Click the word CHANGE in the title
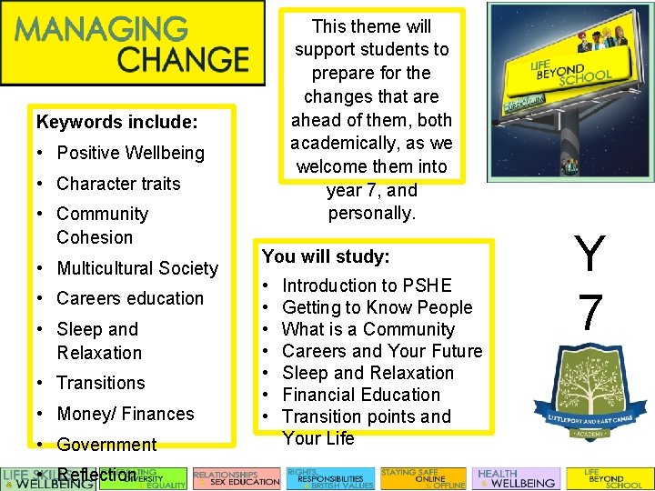tap(183, 60)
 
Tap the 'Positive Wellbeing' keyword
tap(130, 153)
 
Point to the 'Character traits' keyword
tap(118, 184)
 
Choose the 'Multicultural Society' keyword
tap(137, 268)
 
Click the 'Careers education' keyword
tap(130, 298)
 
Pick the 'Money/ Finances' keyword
tap(126, 414)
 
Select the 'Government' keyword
tap(106, 445)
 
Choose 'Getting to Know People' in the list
tap(378, 307)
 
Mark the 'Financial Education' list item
tap(361, 395)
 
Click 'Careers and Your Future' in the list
tap(382, 351)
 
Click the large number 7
tap(590, 312)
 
